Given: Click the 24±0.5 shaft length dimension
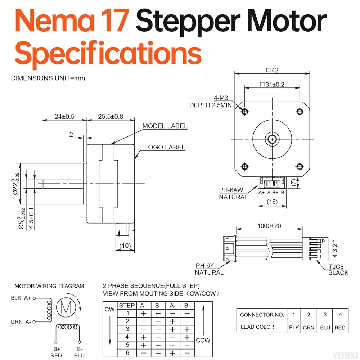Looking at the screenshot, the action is (64, 117).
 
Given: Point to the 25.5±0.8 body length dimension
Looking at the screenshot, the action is (111, 117).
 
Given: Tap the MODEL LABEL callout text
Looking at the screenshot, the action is (165, 126).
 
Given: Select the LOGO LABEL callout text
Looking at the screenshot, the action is (165, 147).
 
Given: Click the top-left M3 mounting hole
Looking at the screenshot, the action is (245, 112).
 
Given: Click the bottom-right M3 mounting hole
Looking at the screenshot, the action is (300, 166).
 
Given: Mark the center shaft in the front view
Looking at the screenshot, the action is (272, 139).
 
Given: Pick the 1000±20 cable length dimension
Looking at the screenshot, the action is (269, 226).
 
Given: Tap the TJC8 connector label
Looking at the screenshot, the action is (336, 266).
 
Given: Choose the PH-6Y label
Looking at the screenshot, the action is (204, 266).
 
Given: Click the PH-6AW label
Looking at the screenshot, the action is (231, 190).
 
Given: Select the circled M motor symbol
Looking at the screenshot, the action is (66, 307).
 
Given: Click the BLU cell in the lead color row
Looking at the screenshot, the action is (325, 328).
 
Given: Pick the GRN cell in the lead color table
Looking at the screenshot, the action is (309, 328).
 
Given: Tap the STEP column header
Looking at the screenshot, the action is (127, 306).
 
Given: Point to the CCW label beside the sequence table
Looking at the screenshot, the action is (203, 340).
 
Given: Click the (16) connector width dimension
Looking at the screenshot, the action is (272, 202).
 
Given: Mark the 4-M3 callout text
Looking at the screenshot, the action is (221, 98).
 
